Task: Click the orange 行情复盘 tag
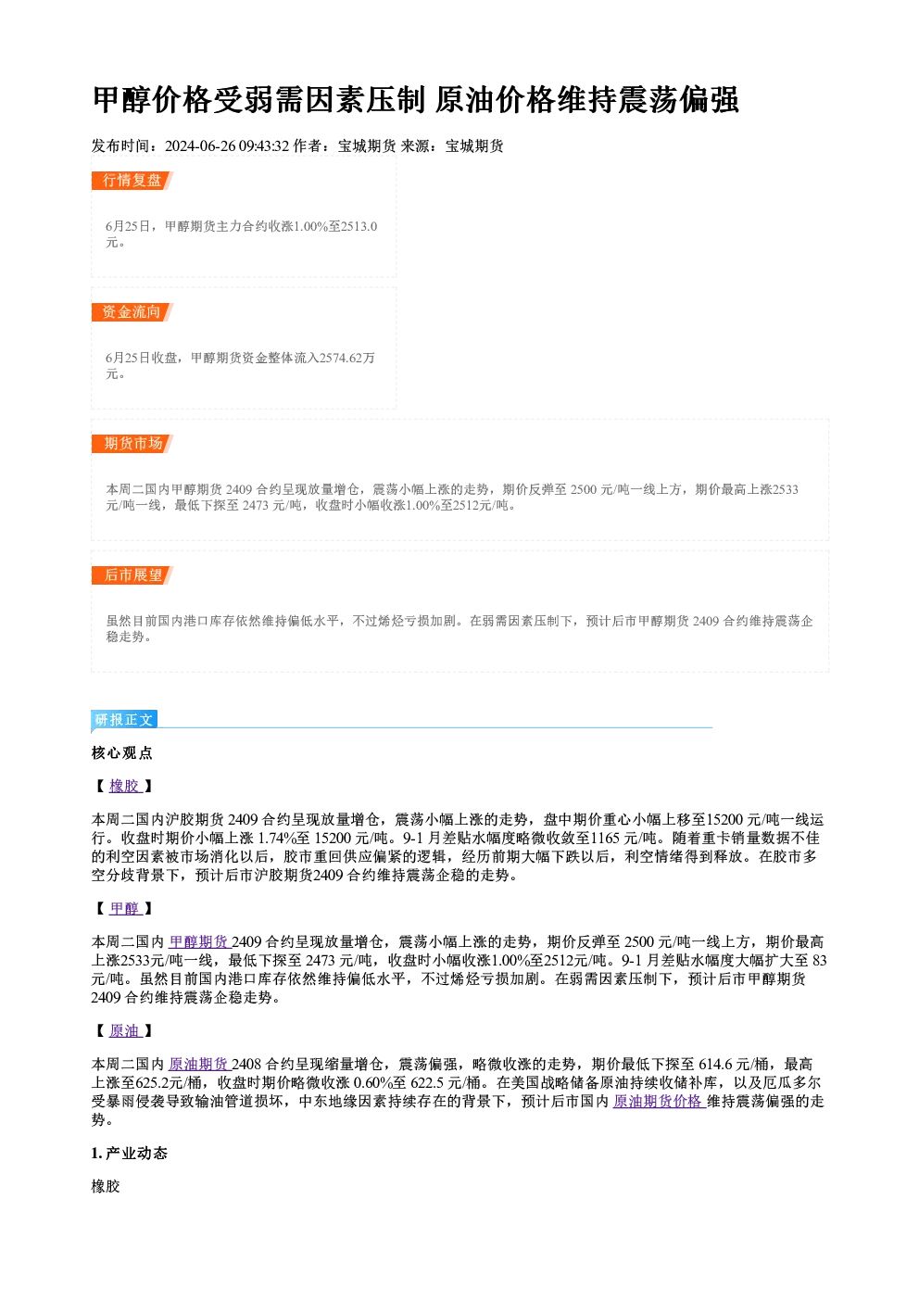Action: click(x=132, y=181)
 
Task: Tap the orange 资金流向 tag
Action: click(x=132, y=312)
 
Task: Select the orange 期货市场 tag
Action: click(x=132, y=444)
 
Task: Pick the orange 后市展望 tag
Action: click(x=132, y=575)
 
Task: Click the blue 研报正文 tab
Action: click(x=124, y=720)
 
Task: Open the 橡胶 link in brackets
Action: click(x=125, y=786)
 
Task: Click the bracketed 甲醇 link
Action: click(x=125, y=908)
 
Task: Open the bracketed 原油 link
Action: click(x=125, y=1030)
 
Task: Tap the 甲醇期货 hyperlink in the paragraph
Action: click(x=199, y=942)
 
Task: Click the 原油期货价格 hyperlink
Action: click(x=659, y=1101)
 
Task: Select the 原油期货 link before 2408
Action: click(x=199, y=1064)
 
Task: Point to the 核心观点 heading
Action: click(x=122, y=753)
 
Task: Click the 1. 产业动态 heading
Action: click(x=130, y=1154)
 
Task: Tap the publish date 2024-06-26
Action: click(x=200, y=145)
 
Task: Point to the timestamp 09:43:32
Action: click(x=264, y=145)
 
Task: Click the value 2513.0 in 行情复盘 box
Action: click(x=359, y=226)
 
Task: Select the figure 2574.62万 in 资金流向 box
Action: click(x=347, y=358)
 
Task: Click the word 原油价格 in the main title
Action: click(x=495, y=99)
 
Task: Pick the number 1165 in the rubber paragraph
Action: click(x=605, y=838)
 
